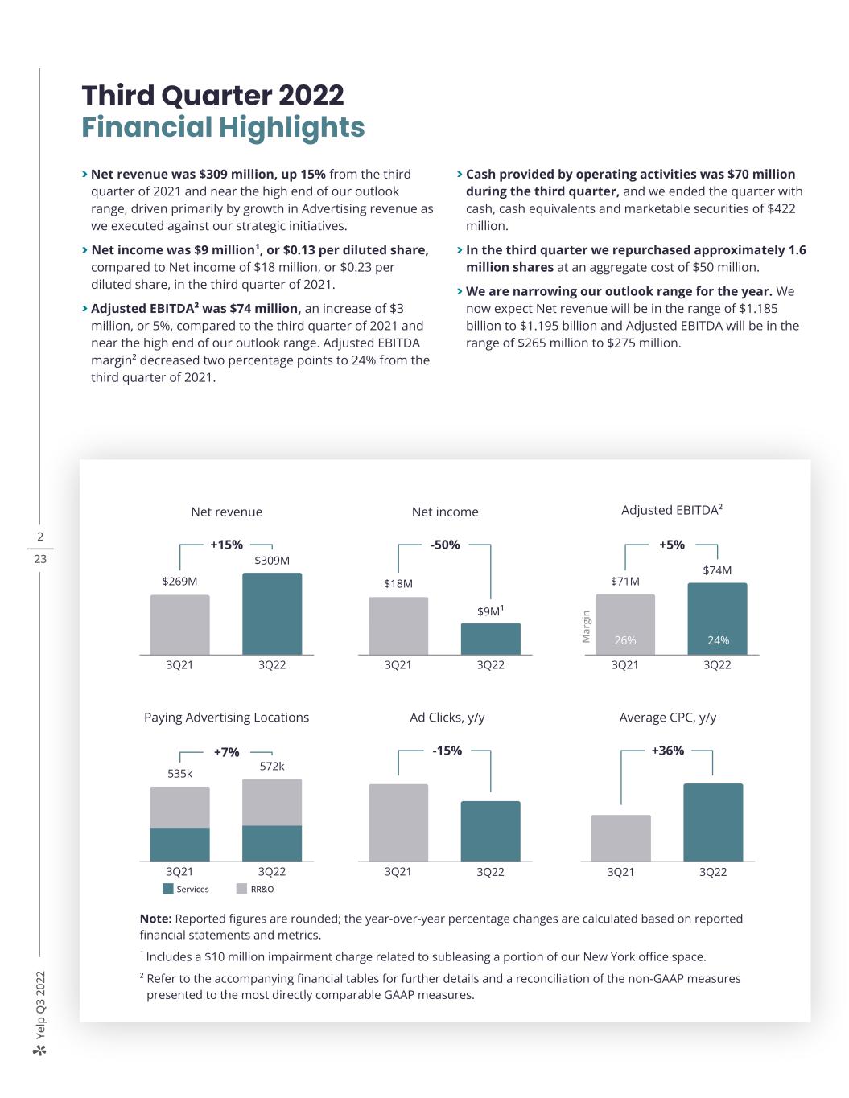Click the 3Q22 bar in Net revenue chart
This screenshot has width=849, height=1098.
[272, 613]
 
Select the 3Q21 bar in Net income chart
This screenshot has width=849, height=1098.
[398, 626]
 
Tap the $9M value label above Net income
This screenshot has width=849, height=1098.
[489, 611]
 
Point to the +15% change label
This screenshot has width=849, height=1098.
[226, 545]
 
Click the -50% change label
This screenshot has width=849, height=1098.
[445, 545]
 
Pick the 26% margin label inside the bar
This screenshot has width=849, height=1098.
[625, 640]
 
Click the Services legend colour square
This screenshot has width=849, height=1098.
[168, 889]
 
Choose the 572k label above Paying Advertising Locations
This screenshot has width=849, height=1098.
[272, 766]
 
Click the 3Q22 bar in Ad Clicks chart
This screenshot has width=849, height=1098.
[490, 831]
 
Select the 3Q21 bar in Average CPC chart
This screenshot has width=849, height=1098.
[620, 838]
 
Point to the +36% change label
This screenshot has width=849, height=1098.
[668, 751]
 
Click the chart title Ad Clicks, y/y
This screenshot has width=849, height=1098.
[447, 717]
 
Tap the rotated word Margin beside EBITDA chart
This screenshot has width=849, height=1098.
[587, 626]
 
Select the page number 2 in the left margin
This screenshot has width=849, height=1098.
[40, 537]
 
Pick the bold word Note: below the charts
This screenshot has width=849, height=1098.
[155, 919]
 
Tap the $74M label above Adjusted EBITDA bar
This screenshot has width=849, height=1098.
[717, 570]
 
